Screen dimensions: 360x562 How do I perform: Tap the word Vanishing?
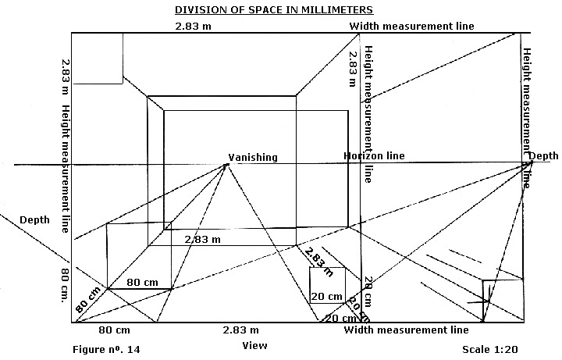click(x=252, y=158)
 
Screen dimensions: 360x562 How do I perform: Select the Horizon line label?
click(x=374, y=156)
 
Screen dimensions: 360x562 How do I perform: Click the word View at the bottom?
click(x=254, y=344)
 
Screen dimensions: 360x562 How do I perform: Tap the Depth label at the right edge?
click(x=543, y=157)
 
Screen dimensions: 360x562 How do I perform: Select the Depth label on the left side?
click(x=34, y=219)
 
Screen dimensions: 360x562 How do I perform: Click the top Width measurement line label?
click(x=411, y=26)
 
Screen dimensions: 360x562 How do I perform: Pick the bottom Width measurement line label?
click(x=406, y=330)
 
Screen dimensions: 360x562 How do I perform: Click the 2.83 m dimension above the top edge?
click(x=191, y=26)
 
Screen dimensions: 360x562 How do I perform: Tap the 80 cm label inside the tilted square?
click(x=143, y=281)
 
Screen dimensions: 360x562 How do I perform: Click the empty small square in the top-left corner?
click(x=97, y=57)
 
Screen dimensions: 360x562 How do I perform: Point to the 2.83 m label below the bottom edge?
click(x=241, y=330)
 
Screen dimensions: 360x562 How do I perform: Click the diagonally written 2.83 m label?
click(x=317, y=258)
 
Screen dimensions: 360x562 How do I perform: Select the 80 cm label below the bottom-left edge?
click(x=114, y=330)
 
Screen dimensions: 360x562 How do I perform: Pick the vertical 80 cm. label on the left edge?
click(x=62, y=286)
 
